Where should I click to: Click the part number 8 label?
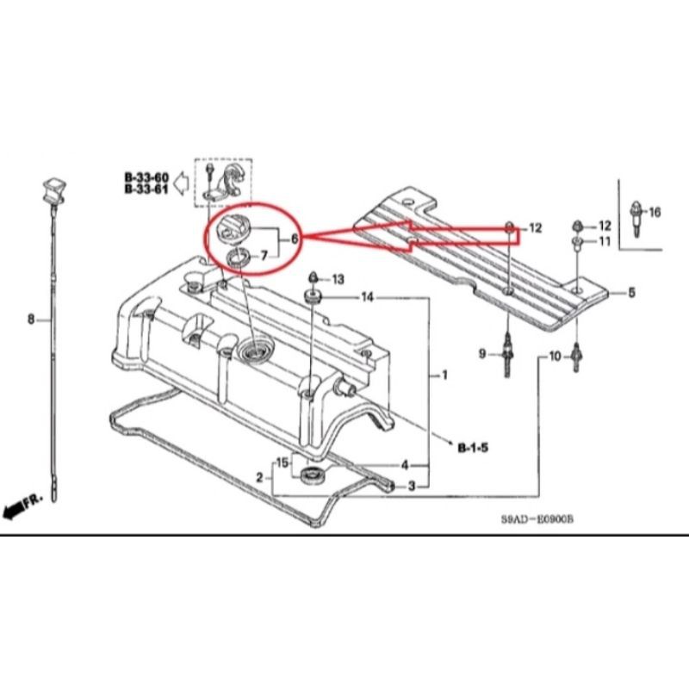pos(31,319)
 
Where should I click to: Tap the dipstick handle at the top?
pos(54,190)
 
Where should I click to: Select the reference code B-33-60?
pos(146,177)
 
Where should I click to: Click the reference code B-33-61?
pos(146,189)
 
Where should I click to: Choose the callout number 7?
pos(264,255)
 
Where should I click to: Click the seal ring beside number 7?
pos(239,257)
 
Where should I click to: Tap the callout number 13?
pos(338,279)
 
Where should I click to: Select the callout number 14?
pos(368,297)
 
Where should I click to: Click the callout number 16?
pos(655,212)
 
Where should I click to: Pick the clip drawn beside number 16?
pos(636,219)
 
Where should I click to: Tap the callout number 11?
pos(605,241)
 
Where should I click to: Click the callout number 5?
pos(631,293)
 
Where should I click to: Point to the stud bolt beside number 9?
pos(507,354)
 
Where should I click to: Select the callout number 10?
pos(555,356)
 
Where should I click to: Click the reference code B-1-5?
pos(473,448)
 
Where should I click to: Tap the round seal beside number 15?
pos(313,475)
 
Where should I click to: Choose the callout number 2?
pos(260,478)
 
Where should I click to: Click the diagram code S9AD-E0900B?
pos(537,519)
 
